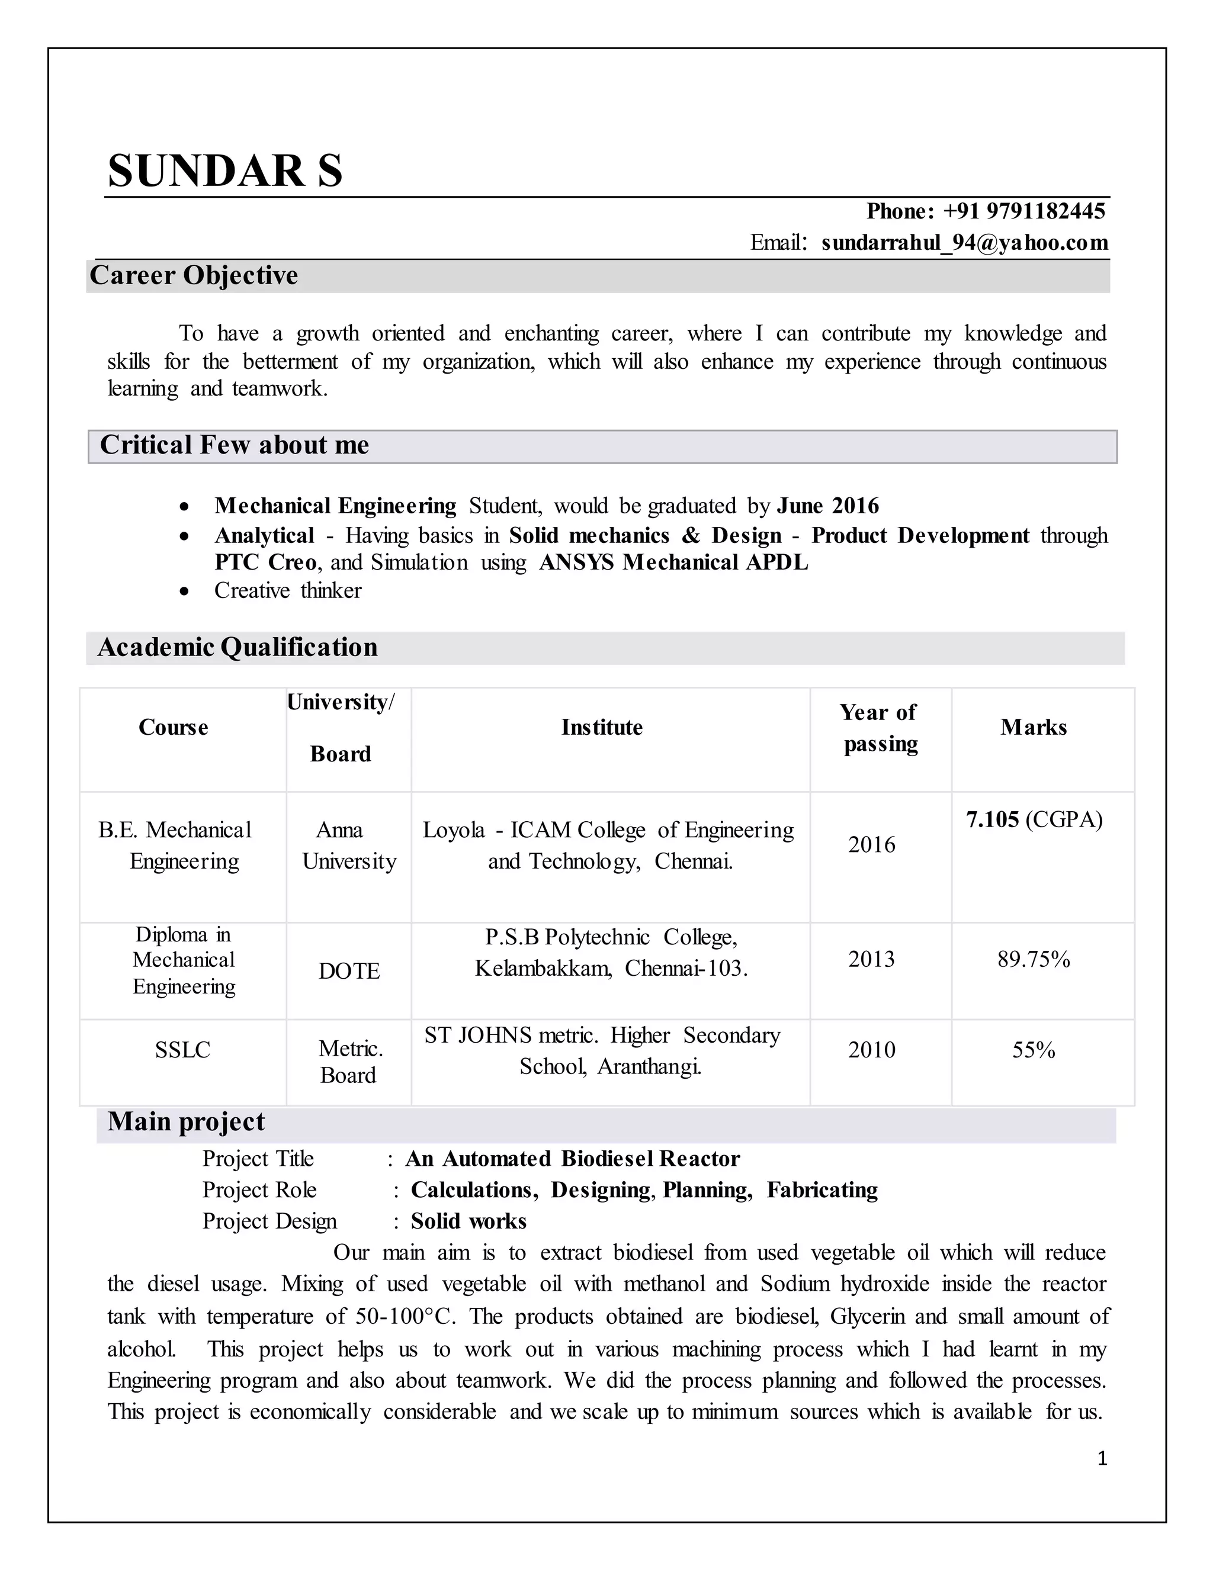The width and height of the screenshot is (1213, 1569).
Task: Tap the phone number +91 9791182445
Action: (1023, 211)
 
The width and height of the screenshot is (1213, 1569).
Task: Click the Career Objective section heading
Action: (194, 276)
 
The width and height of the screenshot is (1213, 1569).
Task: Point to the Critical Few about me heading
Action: (235, 445)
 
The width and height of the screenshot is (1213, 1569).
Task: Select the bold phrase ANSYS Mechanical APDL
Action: (673, 562)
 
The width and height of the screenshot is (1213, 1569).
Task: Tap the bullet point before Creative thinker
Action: (185, 591)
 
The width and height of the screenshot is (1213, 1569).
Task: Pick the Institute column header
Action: (602, 728)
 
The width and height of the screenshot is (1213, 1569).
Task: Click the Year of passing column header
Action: (880, 728)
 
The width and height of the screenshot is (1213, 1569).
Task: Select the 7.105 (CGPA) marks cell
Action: (1034, 819)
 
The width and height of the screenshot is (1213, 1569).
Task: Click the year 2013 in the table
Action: (871, 960)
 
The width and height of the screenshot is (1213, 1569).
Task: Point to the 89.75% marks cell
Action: (1034, 960)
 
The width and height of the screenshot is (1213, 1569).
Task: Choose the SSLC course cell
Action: (182, 1050)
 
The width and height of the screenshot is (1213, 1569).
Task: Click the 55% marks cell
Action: (1034, 1050)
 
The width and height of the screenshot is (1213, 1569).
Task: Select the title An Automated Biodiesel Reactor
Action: (572, 1159)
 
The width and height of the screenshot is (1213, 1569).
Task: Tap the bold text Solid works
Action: (468, 1221)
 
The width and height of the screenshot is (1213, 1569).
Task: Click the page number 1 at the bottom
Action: (1102, 1458)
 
